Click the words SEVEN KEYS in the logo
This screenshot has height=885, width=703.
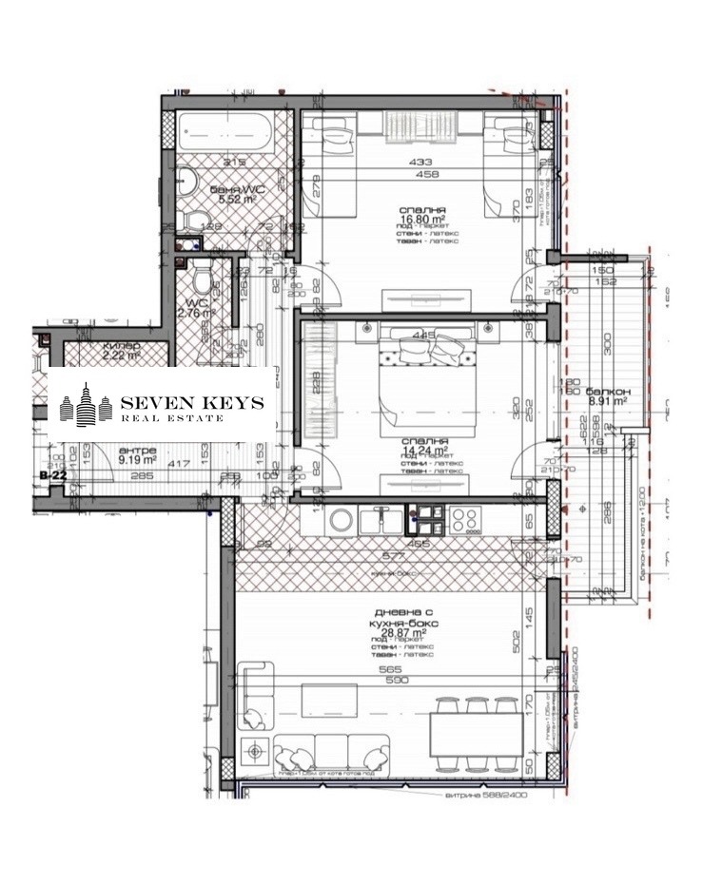[x=190, y=404]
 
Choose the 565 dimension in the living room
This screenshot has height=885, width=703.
[x=395, y=669]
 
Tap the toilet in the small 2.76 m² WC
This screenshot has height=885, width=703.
[x=201, y=281]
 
